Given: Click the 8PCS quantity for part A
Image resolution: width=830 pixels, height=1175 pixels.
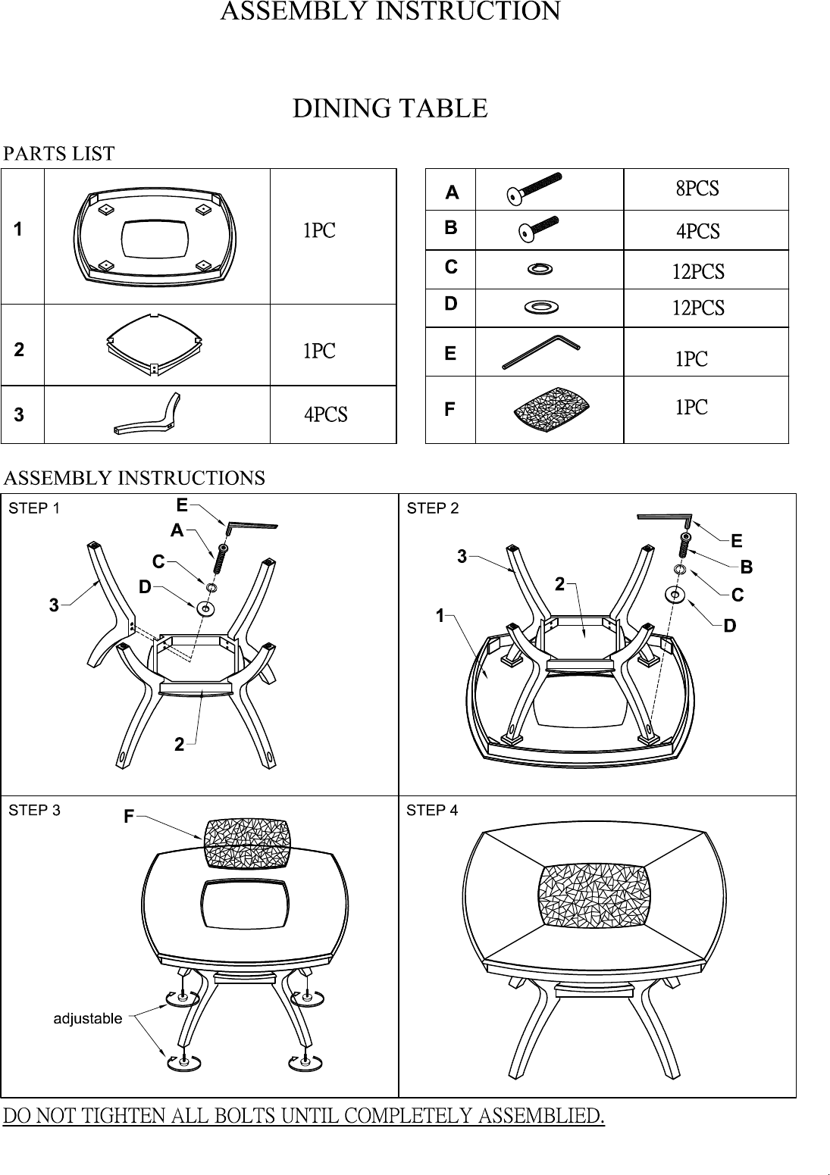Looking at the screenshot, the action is click(x=697, y=189).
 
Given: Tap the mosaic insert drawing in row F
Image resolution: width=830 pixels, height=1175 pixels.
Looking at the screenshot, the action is click(x=551, y=409).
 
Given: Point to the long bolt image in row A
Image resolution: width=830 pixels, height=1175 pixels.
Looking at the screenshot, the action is click(x=534, y=189).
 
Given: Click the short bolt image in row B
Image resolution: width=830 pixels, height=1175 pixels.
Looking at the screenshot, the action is click(x=538, y=230).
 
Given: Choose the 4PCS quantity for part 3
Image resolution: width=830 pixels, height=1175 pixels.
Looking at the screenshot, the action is click(x=325, y=414).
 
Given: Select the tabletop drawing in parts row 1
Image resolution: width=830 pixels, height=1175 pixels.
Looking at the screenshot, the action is click(x=155, y=238).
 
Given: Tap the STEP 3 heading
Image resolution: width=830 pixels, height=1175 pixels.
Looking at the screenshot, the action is click(x=35, y=811).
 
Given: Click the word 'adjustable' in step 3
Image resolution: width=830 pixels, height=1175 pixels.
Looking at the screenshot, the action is click(x=88, y=1018).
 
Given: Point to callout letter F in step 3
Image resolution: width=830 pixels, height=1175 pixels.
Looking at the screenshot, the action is click(x=129, y=816).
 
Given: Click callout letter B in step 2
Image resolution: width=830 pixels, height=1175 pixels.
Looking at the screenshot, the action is click(x=746, y=567).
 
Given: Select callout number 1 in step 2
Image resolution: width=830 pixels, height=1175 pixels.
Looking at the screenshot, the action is click(x=440, y=615).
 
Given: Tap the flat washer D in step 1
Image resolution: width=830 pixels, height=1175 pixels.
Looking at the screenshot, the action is click(x=205, y=609).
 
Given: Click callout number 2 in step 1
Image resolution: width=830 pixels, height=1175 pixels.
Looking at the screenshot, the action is click(x=179, y=745).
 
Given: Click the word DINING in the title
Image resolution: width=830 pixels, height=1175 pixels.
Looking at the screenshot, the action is click(x=339, y=108).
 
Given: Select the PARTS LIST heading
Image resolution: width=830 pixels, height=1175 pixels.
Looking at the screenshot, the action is click(x=59, y=154).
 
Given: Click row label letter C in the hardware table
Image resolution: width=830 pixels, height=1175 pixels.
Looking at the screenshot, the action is click(x=451, y=267).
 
